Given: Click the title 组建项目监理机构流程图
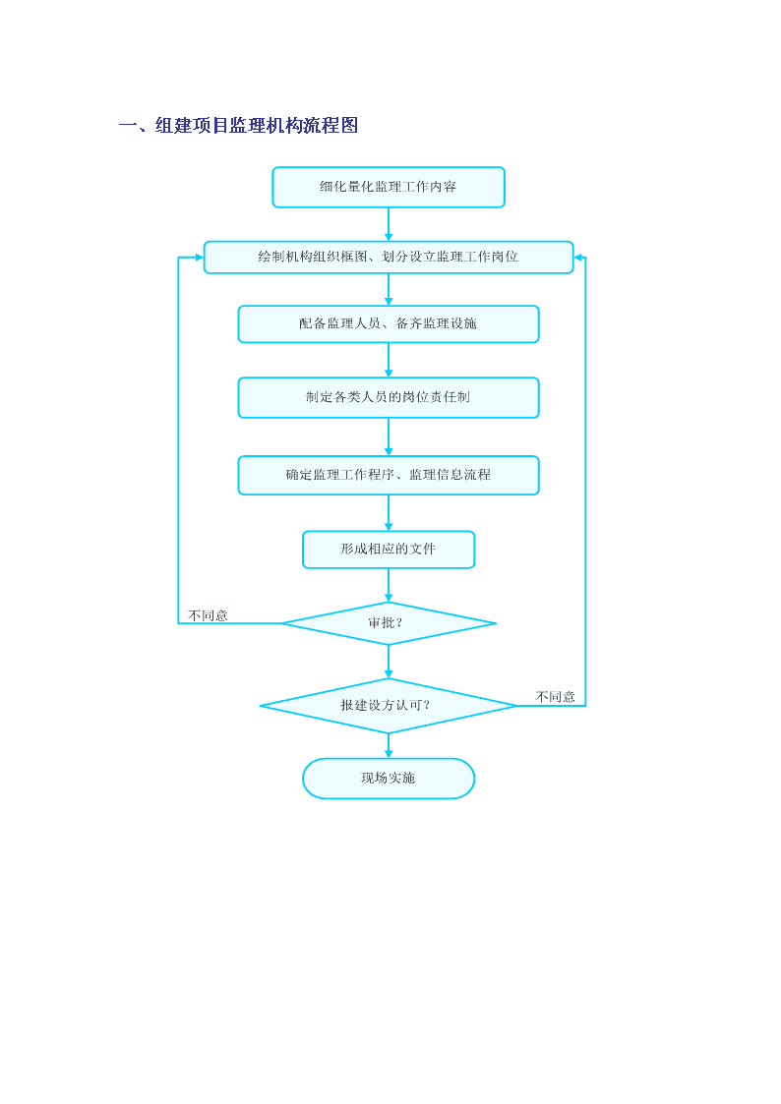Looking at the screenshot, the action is click(257, 125).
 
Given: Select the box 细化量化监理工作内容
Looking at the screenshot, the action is click(388, 188).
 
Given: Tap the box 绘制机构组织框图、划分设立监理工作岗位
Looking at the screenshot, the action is click(388, 257).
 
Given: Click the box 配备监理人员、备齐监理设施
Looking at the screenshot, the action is click(388, 323).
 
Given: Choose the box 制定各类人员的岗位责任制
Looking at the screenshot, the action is click(388, 398).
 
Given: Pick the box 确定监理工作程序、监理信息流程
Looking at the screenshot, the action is click(388, 475).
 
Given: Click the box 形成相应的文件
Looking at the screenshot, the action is click(388, 550).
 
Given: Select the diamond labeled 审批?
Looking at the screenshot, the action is click(388, 623).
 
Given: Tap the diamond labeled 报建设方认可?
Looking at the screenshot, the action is click(388, 706).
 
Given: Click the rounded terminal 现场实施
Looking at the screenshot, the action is click(388, 778).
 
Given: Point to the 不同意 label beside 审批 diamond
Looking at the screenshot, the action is click(209, 615).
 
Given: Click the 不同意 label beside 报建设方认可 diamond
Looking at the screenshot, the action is click(555, 697).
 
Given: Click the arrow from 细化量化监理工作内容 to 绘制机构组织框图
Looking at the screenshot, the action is click(388, 224).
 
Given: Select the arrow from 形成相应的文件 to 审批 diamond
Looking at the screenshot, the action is click(388, 585).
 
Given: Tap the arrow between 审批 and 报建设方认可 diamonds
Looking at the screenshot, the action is click(388, 662).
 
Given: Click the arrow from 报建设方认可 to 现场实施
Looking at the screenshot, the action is click(388, 745).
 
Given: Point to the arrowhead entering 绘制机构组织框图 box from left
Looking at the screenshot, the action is click(200, 257).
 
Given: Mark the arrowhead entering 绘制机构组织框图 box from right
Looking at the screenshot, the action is click(578, 257).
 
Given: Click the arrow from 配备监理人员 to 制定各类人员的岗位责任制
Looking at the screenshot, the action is click(388, 361).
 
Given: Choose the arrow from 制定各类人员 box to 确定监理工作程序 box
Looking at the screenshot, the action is click(388, 437).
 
